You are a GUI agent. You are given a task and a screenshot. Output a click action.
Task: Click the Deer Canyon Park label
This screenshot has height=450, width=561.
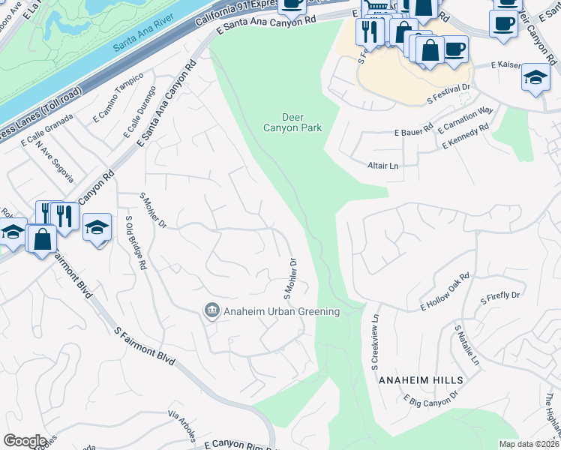point(301,122)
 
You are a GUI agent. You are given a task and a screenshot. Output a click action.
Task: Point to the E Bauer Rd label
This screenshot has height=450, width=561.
point(414,131)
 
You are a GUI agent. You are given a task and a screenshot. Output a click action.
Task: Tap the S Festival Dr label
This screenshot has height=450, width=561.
point(448,92)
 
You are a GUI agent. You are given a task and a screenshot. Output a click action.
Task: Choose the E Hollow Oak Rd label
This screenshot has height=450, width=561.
point(445,292)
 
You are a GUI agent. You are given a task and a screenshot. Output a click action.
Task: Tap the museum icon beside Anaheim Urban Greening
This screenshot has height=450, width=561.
point(211,310)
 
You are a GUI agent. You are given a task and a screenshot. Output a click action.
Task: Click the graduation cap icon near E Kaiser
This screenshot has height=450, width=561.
point(535,77)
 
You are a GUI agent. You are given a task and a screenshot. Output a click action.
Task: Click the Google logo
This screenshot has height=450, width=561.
point(25,440)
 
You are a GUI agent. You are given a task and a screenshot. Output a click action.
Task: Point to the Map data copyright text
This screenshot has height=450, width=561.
point(529,444)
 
